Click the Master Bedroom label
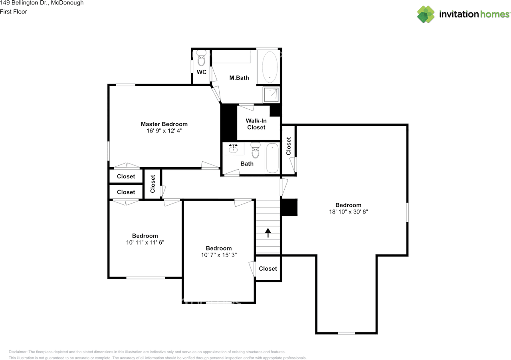coord(164,124)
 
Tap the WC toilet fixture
coord(201,58)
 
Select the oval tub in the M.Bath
coord(269,67)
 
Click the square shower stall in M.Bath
coord(271,95)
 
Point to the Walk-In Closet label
coord(256,124)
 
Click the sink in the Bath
coord(233,148)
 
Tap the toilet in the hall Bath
coord(255,150)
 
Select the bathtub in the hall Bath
coord(272,158)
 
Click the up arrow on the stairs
coord(268,233)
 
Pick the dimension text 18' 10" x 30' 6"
coord(349,212)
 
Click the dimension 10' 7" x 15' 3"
coord(219,255)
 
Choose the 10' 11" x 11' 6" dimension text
coord(145,242)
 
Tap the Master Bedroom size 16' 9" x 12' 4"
coord(164,131)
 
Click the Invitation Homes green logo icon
coord(426,14)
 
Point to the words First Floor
coord(14,12)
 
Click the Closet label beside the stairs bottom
coord(268,269)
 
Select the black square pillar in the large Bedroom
coord(289,207)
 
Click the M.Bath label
coord(239,78)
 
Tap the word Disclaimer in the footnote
coord(18,352)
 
